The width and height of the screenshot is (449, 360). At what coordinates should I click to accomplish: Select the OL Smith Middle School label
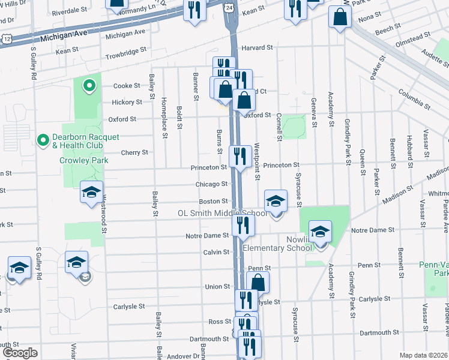222,213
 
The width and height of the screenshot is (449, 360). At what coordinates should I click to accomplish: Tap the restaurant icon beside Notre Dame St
244,225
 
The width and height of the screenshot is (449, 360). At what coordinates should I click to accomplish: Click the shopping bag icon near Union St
258,283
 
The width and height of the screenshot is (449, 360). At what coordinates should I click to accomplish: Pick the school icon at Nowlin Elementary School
320,232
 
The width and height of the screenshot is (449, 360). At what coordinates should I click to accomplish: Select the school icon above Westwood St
91,192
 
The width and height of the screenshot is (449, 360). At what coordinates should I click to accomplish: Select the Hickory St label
126,103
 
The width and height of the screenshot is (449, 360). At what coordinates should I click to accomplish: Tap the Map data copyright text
424,355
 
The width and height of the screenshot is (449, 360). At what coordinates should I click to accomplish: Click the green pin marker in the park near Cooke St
89,86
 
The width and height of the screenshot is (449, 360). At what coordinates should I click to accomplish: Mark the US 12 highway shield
6,38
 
